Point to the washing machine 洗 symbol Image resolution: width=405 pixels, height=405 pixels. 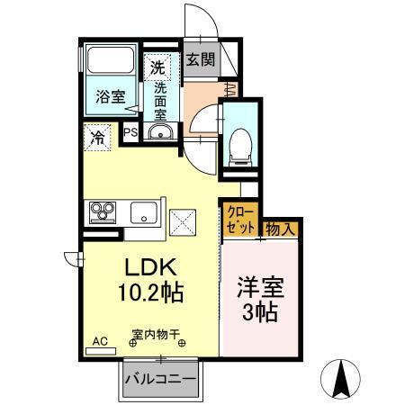point(157,66)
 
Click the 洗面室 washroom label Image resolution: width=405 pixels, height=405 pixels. point(159,102)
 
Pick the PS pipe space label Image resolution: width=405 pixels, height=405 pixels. point(130,132)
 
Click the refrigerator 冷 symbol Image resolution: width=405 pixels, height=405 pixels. point(96,139)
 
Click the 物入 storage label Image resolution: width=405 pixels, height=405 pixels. point(282,228)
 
